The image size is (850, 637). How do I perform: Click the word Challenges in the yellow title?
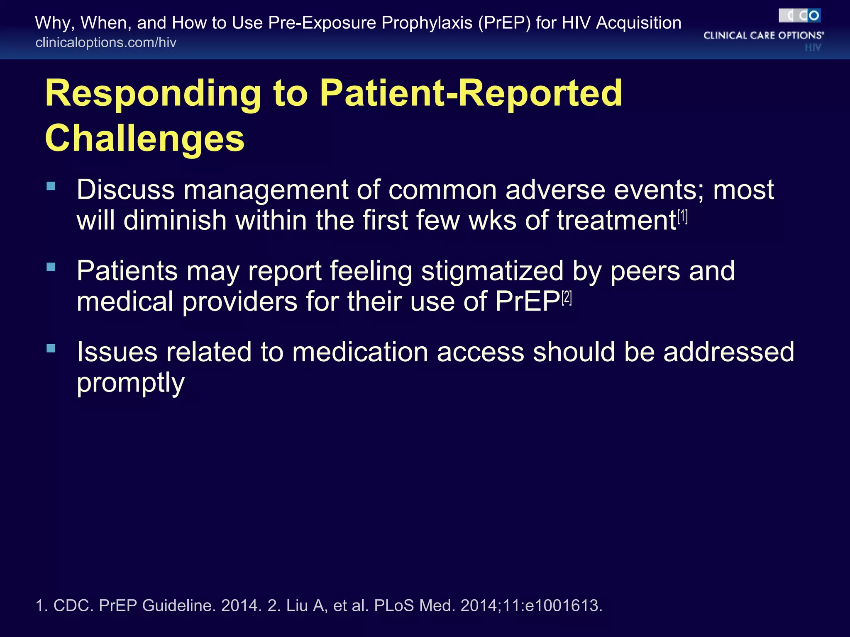tap(144, 139)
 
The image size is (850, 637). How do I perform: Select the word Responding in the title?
tap(153, 94)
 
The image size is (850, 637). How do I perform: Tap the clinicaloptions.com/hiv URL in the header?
tap(106, 43)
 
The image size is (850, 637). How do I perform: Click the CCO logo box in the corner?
tap(799, 16)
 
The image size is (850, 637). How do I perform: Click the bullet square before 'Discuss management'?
tap(51, 186)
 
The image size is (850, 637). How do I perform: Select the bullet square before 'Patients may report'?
tap(51, 267)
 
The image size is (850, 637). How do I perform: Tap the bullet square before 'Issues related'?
tap(51, 348)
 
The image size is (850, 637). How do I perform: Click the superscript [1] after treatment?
tap(683, 216)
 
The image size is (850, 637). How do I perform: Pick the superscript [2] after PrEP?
tap(567, 298)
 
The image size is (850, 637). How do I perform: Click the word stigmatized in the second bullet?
tap(492, 271)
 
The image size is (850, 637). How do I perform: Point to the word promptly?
tap(130, 383)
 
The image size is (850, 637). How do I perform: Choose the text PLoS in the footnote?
tap(394, 606)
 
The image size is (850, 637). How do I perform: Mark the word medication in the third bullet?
tap(360, 352)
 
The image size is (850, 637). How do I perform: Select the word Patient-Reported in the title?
tap(471, 94)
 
